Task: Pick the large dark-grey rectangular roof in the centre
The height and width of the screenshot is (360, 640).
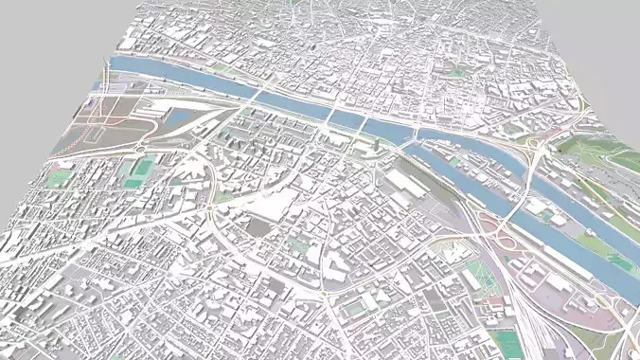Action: tap(258, 225)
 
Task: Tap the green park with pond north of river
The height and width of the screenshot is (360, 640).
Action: tap(460, 72)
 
